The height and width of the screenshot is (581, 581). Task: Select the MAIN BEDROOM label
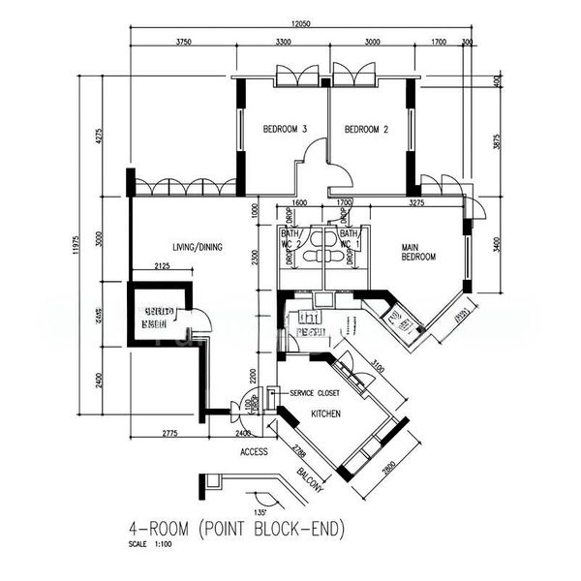tap(419, 253)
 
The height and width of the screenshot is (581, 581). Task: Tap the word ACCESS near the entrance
tap(254, 452)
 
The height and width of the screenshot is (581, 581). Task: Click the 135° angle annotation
tap(259, 511)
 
